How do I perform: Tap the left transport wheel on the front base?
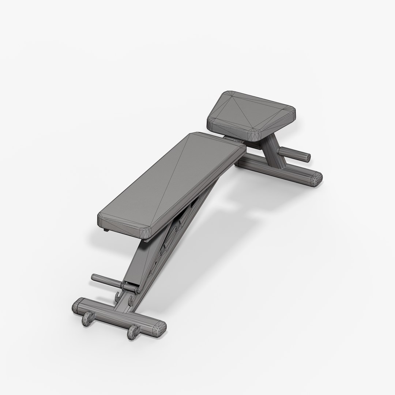click(88, 319)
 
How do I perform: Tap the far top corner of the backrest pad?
click(197, 134)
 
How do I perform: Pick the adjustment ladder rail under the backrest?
click(176, 238)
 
